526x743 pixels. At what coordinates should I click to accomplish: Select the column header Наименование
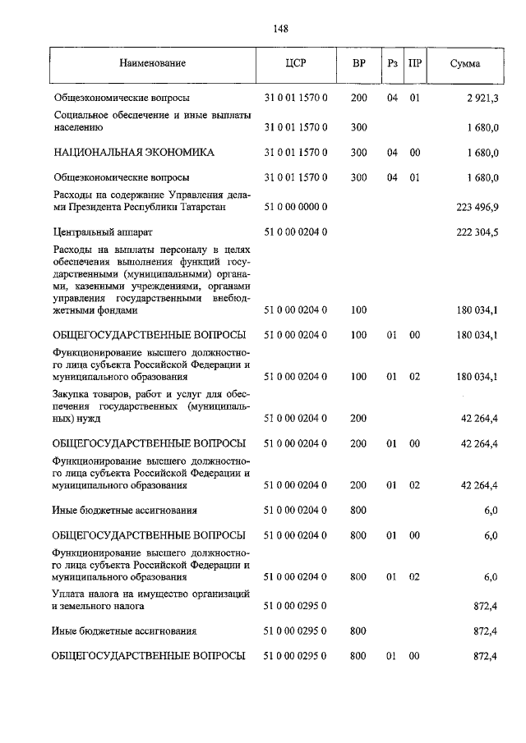tap(152, 63)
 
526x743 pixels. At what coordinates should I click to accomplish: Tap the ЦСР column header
tap(295, 63)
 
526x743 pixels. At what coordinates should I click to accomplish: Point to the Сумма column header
tap(465, 63)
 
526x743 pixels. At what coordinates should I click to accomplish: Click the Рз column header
tap(392, 63)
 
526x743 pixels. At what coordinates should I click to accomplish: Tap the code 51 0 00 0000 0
tap(295, 208)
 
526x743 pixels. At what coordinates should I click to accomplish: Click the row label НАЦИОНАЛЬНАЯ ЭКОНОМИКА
tap(133, 153)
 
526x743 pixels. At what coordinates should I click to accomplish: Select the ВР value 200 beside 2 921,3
tap(358, 98)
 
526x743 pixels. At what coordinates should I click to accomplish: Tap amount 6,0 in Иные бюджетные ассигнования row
tap(491, 510)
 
